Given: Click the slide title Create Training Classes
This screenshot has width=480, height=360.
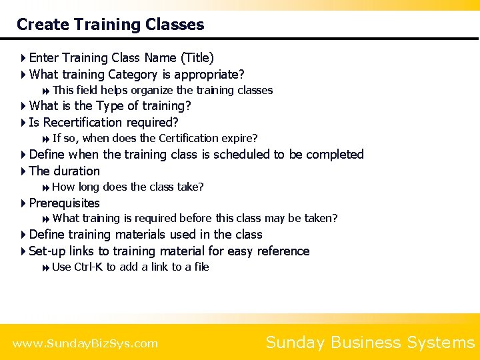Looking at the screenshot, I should point(110,25).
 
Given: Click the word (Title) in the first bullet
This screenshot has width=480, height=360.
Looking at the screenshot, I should point(197,58).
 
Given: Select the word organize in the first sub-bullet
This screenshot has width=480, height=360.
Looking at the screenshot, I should point(152,90).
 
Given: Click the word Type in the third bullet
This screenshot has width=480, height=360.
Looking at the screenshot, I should point(111,106).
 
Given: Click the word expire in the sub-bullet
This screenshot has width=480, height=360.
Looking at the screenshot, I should point(240,139).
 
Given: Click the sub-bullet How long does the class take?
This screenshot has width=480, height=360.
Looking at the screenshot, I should point(127,187).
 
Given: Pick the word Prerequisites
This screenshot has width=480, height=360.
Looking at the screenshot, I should point(65,203).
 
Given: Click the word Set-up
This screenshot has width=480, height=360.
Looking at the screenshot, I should point(47,251).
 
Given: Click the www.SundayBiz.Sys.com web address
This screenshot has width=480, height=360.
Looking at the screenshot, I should point(85,344).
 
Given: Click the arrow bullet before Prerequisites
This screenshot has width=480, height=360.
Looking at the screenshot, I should point(23,203).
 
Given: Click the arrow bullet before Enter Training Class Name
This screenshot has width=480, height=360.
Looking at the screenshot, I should point(23,59).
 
